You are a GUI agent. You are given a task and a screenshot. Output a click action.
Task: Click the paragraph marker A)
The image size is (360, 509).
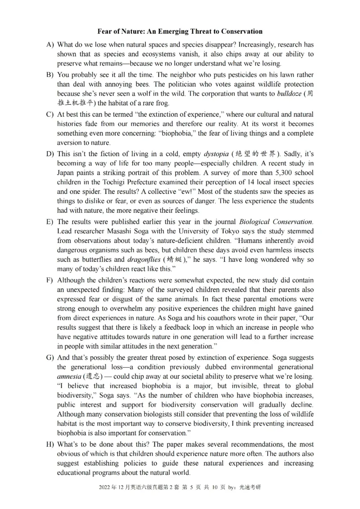(50, 45)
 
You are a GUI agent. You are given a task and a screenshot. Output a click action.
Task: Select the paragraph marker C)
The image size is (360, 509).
(50, 114)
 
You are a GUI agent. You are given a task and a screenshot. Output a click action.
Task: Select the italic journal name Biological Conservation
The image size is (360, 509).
(275, 222)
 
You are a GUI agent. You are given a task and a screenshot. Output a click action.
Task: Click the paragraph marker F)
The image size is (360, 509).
(50, 280)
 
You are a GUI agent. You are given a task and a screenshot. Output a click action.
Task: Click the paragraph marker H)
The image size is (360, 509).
(50, 444)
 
